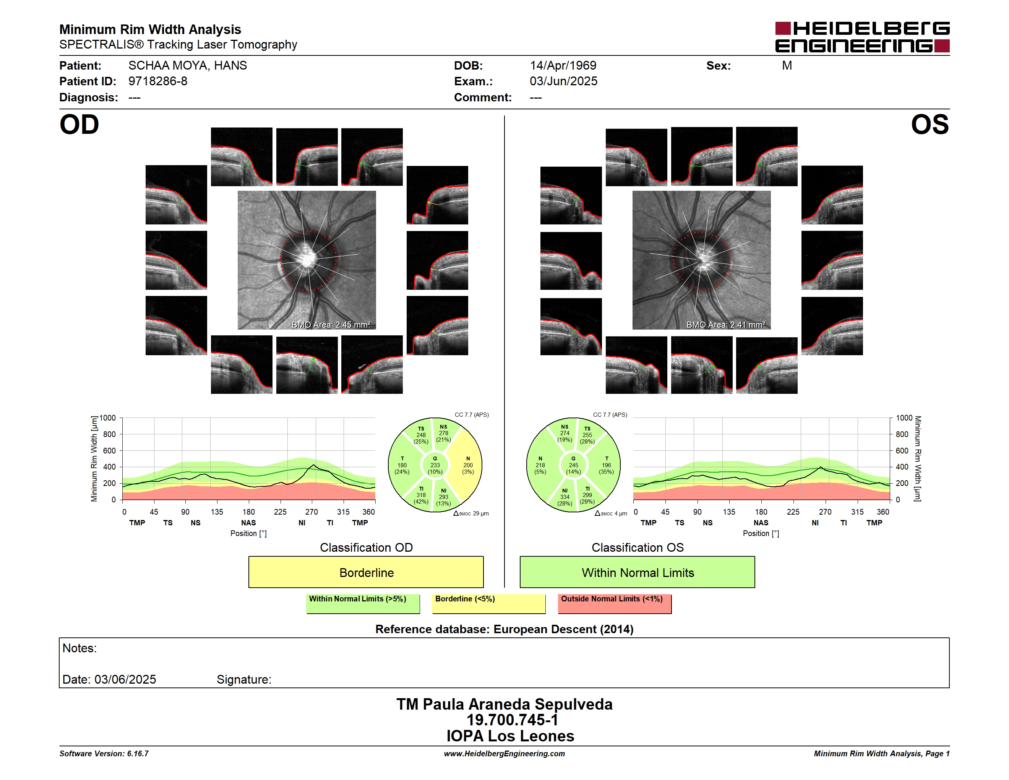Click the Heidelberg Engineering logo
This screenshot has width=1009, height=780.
(862, 37)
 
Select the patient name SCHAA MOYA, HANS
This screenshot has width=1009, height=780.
(188, 66)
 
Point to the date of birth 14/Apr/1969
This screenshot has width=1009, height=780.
(563, 66)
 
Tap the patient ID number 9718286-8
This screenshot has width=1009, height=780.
(158, 81)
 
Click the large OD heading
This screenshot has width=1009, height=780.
(79, 124)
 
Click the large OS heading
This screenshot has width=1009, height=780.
(930, 124)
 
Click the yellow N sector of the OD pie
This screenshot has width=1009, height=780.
(467, 465)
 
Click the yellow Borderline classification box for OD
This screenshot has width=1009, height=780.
(366, 572)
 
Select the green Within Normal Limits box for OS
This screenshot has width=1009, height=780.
(637, 572)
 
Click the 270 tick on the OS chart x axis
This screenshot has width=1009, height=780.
(825, 512)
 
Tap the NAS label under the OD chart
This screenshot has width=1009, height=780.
(248, 523)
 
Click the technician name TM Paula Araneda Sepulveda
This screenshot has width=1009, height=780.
(504, 704)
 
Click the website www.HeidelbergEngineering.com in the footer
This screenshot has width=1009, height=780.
(504, 754)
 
